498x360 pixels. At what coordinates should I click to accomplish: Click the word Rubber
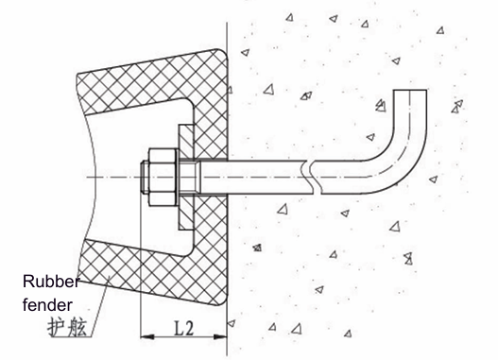(x=51, y=282)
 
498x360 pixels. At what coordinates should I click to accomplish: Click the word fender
(x=47, y=305)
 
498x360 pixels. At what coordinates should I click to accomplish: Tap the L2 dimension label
(x=184, y=328)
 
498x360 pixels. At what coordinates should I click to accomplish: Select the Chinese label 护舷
(x=67, y=327)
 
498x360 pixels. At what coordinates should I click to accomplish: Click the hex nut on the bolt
(x=162, y=177)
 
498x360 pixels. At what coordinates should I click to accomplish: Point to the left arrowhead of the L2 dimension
(x=147, y=336)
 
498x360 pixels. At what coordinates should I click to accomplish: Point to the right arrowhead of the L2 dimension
(x=220, y=336)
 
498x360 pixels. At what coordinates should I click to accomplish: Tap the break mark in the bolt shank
(x=313, y=177)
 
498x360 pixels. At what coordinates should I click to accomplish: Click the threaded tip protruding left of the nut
(x=145, y=177)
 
